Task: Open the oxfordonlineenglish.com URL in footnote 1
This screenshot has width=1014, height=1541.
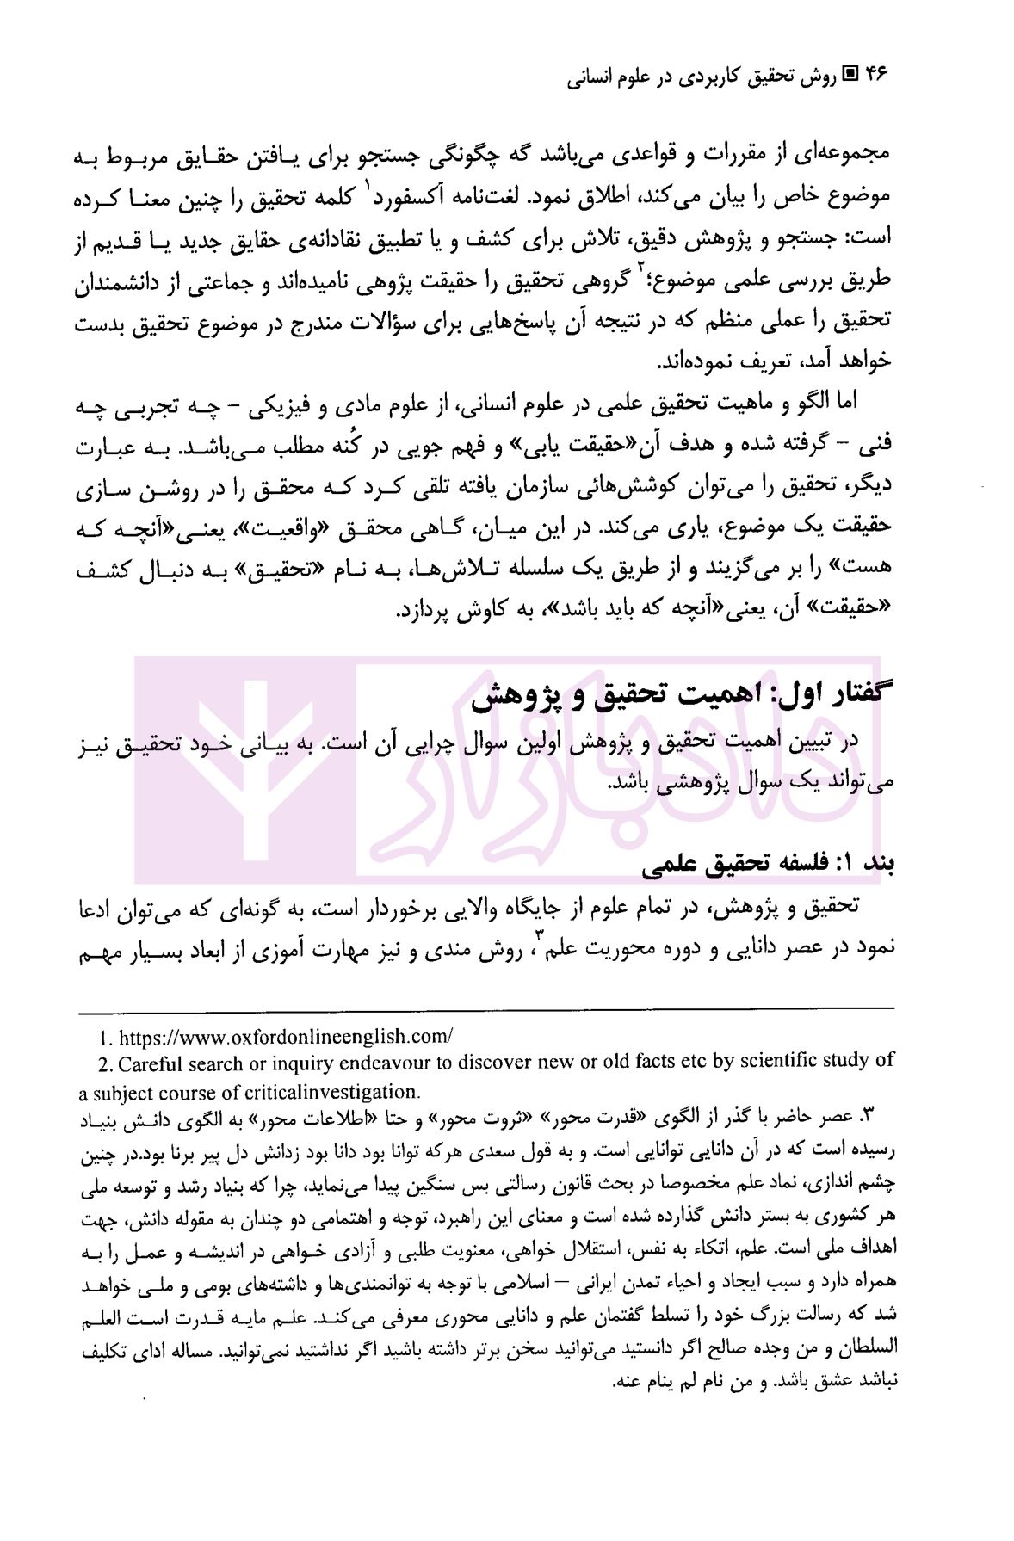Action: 285,1037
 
